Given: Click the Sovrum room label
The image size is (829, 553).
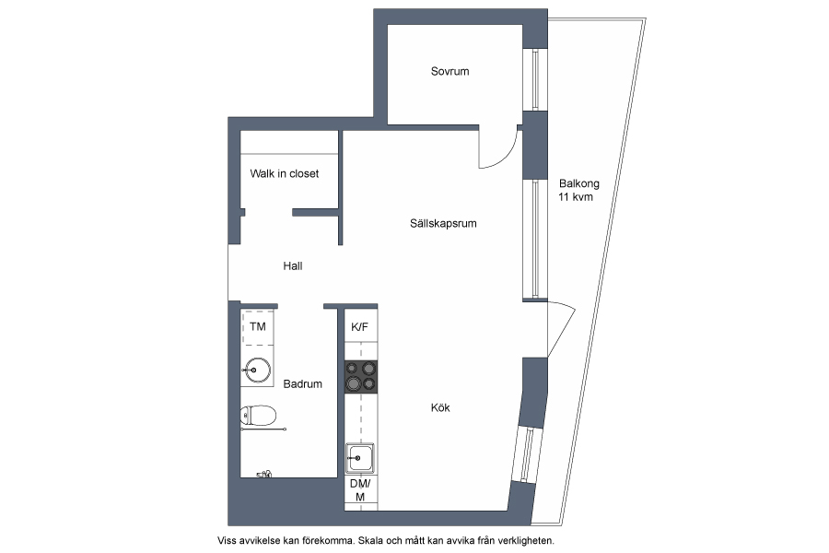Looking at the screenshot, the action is (450, 72).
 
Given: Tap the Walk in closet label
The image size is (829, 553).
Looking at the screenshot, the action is (285, 173).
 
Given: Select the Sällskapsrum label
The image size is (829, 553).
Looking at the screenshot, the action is (443, 223).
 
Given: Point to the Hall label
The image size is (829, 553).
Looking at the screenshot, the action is (292, 265).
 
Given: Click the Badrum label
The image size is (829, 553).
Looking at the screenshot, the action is (302, 383).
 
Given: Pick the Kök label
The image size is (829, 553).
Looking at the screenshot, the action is (440, 407).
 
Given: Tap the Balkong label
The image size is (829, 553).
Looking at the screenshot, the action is (579, 183).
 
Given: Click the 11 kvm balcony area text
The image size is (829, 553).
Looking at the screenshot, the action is (576, 197).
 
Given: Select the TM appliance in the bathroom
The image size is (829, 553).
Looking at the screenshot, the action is (258, 327).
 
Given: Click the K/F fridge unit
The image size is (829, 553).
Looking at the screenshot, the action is (360, 326).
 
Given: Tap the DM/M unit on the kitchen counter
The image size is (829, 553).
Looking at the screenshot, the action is (360, 490).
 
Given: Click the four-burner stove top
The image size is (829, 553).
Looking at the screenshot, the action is (361, 376).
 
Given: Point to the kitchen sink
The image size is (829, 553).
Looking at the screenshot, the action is (360, 458).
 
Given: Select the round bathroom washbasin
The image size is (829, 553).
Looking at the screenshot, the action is (257, 370).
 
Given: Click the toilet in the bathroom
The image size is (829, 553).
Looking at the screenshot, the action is (258, 416).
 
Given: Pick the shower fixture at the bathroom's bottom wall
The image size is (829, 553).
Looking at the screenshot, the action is (263, 474).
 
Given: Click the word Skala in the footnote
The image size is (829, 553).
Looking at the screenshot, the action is (370, 541).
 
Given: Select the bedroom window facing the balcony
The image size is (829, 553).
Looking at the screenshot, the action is (535, 80).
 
